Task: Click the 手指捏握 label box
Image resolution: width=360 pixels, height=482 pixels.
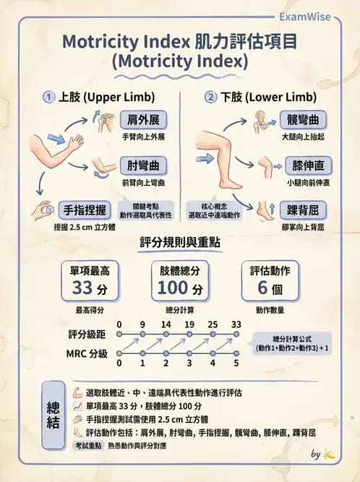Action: tap(83, 210)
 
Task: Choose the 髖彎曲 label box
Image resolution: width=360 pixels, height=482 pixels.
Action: tap(303, 120)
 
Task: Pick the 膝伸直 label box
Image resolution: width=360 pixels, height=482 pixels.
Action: tap(303, 165)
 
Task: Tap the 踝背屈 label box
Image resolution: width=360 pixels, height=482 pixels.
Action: tap(303, 210)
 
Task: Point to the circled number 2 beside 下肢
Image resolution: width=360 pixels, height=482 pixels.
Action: tap(211, 97)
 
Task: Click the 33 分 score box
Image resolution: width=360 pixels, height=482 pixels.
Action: tap(90, 282)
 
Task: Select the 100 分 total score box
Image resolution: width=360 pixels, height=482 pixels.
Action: tap(180, 282)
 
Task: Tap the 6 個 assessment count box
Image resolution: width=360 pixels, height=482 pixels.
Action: tap(270, 282)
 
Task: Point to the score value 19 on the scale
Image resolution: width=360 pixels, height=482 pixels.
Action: tap(189, 324)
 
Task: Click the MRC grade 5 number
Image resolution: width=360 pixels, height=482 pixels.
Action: tap(236, 363)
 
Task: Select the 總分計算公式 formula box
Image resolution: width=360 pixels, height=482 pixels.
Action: tap(291, 343)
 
